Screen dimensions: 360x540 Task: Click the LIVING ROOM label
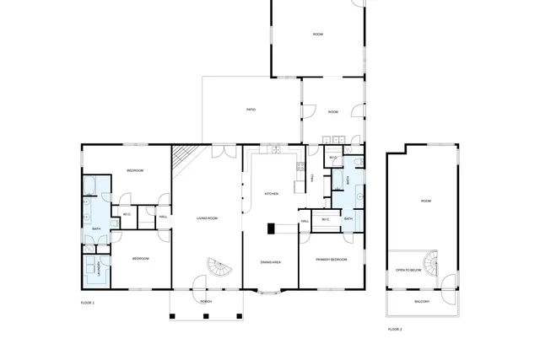pyautogui.click(x=207, y=218)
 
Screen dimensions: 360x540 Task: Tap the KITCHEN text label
pyautogui.click(x=272, y=193)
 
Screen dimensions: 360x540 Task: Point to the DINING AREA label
pyautogui.click(x=270, y=262)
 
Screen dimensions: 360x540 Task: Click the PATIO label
pyautogui.click(x=251, y=110)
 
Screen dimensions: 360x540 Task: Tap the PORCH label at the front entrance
pyautogui.click(x=206, y=301)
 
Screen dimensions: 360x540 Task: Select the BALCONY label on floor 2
pyautogui.click(x=423, y=301)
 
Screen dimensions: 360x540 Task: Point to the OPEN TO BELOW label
pyautogui.click(x=408, y=270)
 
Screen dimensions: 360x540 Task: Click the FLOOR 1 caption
pyautogui.click(x=88, y=302)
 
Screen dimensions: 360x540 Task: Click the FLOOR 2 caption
pyautogui.click(x=395, y=329)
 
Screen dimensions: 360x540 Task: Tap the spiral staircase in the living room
pyautogui.click(x=219, y=270)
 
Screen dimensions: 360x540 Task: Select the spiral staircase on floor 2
pyautogui.click(x=432, y=263)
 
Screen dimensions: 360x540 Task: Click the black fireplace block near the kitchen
pyautogui.click(x=272, y=228)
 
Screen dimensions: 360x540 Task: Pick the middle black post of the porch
pyautogui.click(x=206, y=316)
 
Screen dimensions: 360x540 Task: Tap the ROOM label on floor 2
pyautogui.click(x=426, y=201)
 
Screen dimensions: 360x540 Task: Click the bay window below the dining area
pyautogui.click(x=271, y=293)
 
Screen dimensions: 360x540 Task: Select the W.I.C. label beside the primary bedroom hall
pyautogui.click(x=326, y=220)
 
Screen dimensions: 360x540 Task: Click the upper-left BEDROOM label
pyautogui.click(x=135, y=170)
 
